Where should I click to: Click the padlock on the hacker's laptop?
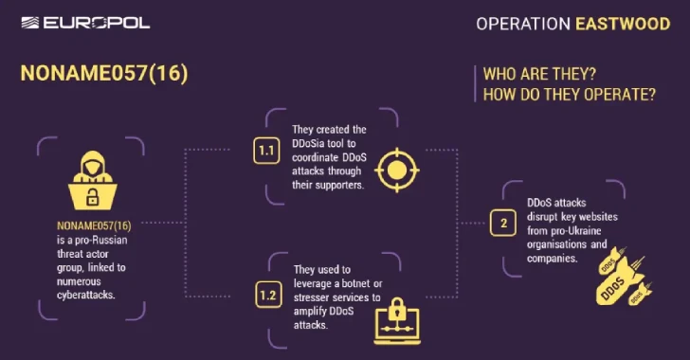point(92,197)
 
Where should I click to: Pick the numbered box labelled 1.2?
point(268,296)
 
